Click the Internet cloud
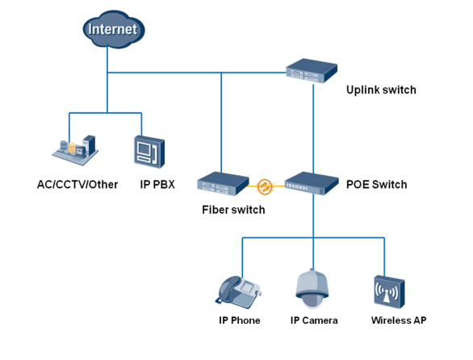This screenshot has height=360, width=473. click(x=114, y=29)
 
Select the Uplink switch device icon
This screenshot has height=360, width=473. click(x=312, y=71)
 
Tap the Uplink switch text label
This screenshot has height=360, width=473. click(x=381, y=90)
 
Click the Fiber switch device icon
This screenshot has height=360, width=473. click(x=223, y=184)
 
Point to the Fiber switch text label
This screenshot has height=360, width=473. click(x=233, y=210)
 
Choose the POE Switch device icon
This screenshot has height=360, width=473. click(x=312, y=183)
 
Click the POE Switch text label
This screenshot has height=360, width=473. click(x=376, y=184)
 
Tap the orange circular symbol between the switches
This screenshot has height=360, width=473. click(x=265, y=186)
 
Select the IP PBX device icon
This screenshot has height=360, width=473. click(x=149, y=152)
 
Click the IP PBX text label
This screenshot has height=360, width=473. click(x=157, y=184)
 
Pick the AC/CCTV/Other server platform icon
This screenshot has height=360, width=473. click(x=75, y=150)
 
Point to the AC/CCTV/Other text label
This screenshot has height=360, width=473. click(x=77, y=184)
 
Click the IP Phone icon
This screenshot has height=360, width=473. click(x=238, y=292)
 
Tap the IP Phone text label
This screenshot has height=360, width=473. click(x=240, y=320)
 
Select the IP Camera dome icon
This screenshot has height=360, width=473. click(x=312, y=289)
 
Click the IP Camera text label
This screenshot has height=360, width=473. click(x=314, y=320)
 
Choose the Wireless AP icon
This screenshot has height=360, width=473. click(x=389, y=292)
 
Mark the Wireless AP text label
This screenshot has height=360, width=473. click(x=399, y=320)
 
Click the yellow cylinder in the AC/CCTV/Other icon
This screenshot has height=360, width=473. click(x=72, y=148)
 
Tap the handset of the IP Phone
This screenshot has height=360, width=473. click(x=227, y=290)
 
